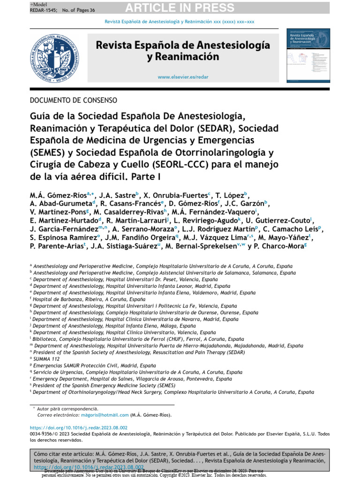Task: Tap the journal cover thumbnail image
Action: click(306, 57)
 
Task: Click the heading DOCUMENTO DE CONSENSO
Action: click(73, 100)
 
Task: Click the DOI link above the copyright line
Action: click(78, 428)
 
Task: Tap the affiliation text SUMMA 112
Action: click(47, 359)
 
